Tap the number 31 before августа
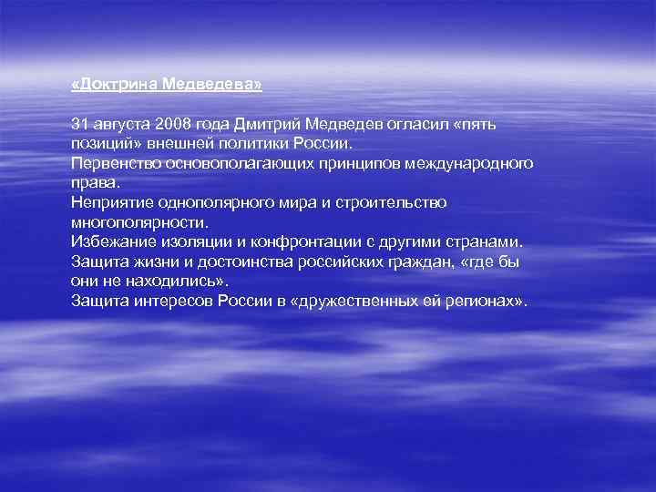tap(80, 123)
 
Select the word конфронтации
tap(336, 241)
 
